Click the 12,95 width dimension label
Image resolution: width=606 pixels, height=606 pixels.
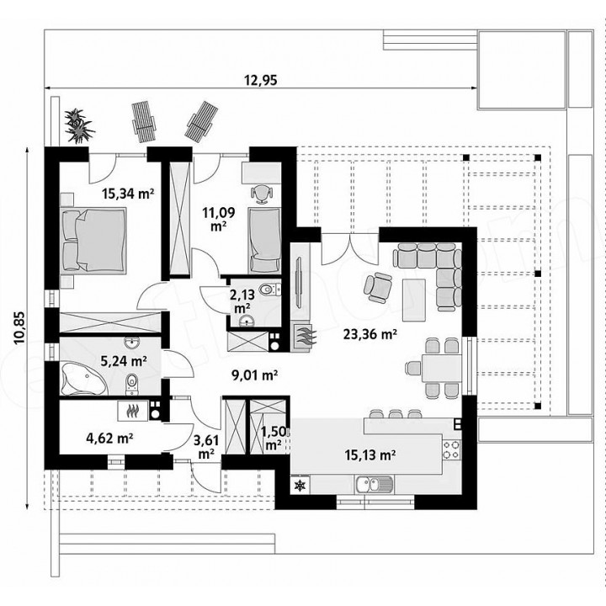pyautogui.click(x=260, y=80)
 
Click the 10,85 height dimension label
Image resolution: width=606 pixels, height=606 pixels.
pyautogui.click(x=19, y=327)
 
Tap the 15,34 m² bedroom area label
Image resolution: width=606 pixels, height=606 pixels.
pyautogui.click(x=128, y=193)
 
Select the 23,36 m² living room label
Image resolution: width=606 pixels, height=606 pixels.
pyautogui.click(x=370, y=334)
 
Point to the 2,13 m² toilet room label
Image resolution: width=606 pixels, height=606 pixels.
pyautogui.click(x=242, y=301)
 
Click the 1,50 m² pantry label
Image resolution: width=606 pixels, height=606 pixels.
pyautogui.click(x=274, y=439)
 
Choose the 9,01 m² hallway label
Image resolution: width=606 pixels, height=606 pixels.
pyautogui.click(x=254, y=375)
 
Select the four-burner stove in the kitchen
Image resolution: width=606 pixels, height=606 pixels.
pyautogui.click(x=451, y=449)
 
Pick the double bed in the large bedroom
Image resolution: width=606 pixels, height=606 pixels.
pyautogui.click(x=93, y=240)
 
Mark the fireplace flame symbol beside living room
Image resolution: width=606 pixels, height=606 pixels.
pyautogui.click(x=304, y=336)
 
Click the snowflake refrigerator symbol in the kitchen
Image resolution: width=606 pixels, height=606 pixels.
pyautogui.click(x=300, y=485)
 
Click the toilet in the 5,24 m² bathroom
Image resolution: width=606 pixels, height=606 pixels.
pyautogui.click(x=131, y=384)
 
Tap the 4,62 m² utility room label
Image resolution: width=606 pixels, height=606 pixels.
pyautogui.click(x=109, y=439)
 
